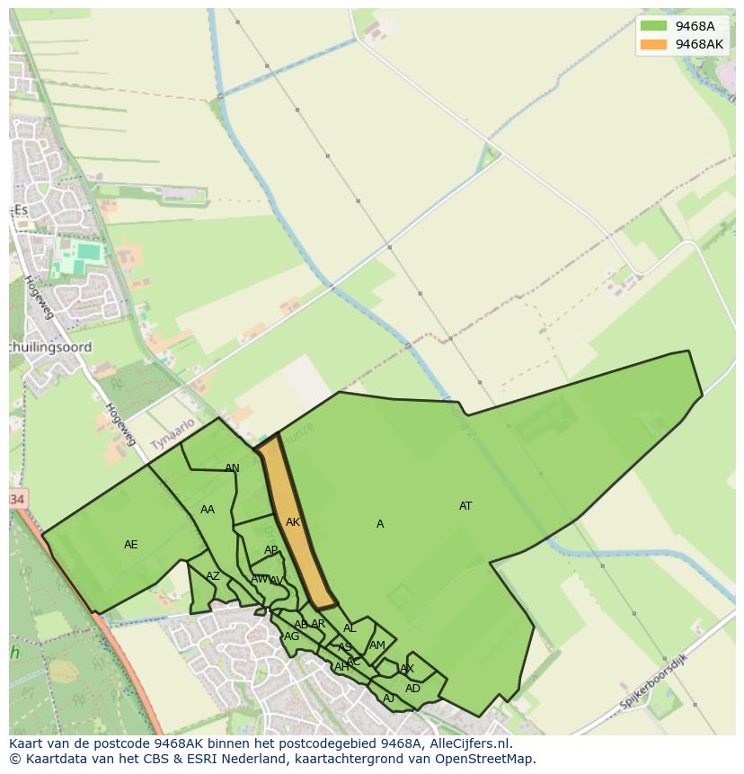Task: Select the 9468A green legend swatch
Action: (653, 26)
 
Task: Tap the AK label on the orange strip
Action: (293, 522)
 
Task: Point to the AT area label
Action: (465, 506)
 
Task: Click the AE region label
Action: (131, 545)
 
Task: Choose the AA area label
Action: (208, 510)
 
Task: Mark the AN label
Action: (232, 468)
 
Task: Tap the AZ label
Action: (213, 576)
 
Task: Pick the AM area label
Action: (377, 645)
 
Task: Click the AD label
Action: (412, 689)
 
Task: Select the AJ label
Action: (389, 698)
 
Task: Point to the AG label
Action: (291, 636)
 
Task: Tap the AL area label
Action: (350, 629)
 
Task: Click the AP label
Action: (270, 550)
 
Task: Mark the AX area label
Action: (407, 669)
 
